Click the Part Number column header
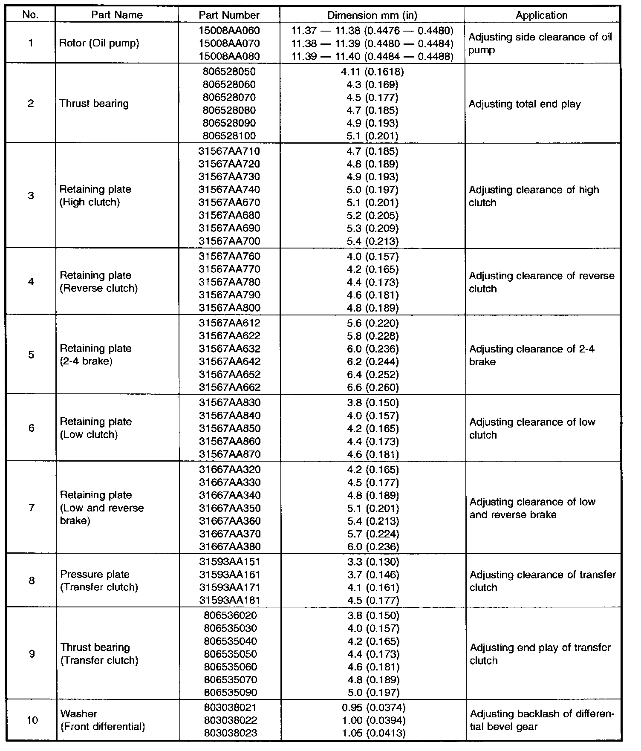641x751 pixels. pos(229,15)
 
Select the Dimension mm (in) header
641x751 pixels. pos(372,15)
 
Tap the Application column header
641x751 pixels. pos(542,15)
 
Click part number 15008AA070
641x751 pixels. pos(229,43)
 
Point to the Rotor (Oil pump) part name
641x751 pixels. pos(99,43)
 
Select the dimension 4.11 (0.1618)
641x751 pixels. pos(372,72)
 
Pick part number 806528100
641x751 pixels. pos(229,136)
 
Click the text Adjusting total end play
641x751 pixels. pos(525,104)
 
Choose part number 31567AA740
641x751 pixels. pos(229,190)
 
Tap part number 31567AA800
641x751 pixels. pos(230,308)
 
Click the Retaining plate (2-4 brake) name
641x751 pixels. pos(95,355)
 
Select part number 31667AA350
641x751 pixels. pos(230,508)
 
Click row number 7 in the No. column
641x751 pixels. pos(32,508)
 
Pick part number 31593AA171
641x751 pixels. pos(230,587)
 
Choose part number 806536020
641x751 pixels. pos(230,615)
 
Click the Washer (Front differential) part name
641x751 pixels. pos(103,720)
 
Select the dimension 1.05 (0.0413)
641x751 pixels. pos(373,733)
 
